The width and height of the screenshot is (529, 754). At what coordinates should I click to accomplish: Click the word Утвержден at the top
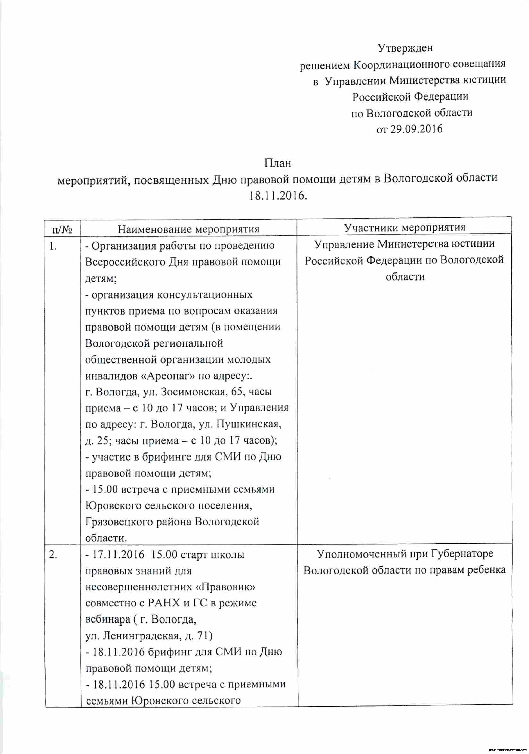tap(405, 48)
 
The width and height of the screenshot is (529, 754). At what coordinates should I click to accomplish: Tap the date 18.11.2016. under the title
tap(278, 196)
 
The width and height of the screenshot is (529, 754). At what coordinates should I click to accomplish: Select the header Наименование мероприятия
tap(188, 229)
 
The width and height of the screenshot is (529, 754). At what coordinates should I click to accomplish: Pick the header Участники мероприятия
tap(405, 227)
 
